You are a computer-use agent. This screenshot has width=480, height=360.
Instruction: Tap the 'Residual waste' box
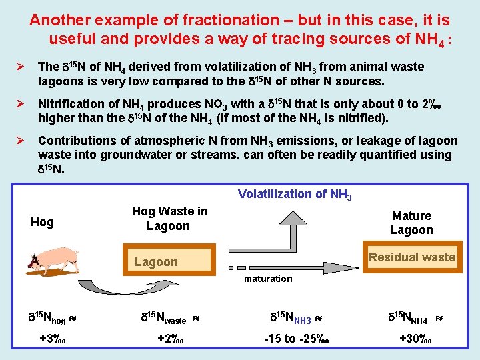[x=412, y=257]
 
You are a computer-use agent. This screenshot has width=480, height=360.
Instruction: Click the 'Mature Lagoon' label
[x=411, y=223]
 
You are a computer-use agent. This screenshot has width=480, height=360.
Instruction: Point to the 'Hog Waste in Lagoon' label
[x=169, y=219]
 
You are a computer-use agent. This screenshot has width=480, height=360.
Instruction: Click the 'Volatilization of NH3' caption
[x=295, y=195]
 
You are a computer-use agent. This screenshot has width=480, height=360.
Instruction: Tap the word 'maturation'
[x=267, y=279]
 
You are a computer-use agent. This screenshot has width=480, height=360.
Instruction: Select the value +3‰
[x=53, y=339]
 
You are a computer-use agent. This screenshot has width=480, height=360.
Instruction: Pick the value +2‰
[x=171, y=339]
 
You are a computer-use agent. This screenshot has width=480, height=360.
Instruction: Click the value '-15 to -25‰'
[x=296, y=339]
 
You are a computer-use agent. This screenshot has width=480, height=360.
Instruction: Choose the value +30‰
[x=415, y=339]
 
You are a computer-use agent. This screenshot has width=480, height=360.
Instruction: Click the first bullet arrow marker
[x=21, y=67]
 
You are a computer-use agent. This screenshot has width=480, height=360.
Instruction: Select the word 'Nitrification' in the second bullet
[x=67, y=104]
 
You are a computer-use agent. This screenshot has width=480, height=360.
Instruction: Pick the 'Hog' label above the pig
[x=42, y=222]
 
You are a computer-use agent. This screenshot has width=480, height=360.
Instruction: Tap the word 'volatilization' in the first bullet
[x=232, y=67]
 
